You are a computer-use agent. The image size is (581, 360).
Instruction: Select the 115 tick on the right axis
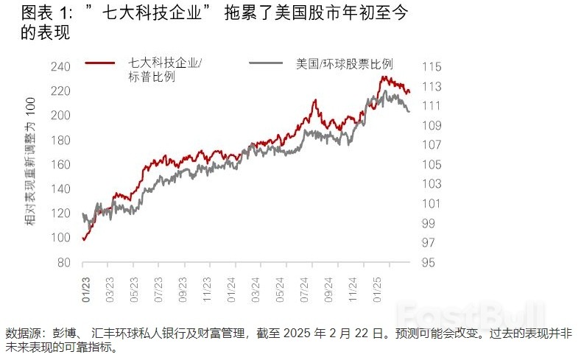pyautogui.click(x=431, y=66)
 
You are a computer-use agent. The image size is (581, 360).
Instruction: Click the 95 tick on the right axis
pyautogui.click(x=428, y=263)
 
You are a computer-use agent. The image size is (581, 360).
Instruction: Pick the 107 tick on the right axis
pyautogui.click(x=431, y=145)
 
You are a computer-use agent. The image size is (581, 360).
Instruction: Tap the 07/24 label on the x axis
pyautogui.click(x=302, y=285)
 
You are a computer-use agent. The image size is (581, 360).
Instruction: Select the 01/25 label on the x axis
pyautogui.click(x=376, y=285)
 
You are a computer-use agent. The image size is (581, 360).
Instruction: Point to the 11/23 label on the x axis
pyautogui.click(x=206, y=285)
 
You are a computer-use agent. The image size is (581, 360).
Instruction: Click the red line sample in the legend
pyautogui.click(x=99, y=63)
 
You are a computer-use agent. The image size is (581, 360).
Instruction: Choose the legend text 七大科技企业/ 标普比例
pyautogui.click(x=165, y=70)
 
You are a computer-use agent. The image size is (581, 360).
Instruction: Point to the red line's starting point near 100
pyautogui.click(x=84, y=239)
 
